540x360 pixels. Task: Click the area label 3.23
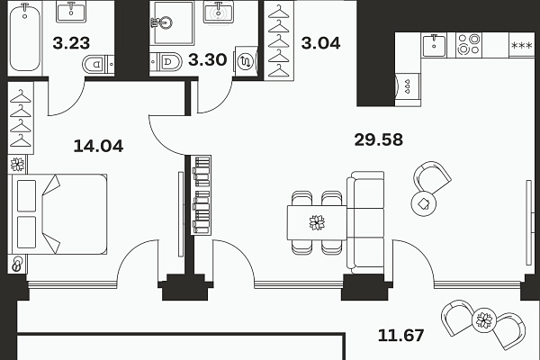coord(71,43)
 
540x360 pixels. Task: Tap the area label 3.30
coord(207,59)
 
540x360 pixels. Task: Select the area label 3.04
coord(320,43)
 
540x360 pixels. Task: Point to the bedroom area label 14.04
coord(98,146)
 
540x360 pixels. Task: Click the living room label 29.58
coord(379,139)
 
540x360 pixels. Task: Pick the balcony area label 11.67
coord(400,335)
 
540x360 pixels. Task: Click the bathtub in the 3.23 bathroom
coord(24,37)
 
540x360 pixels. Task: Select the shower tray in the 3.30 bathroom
coord(174,23)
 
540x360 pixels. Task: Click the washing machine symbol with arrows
coord(246,61)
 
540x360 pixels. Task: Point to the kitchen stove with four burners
coord(469,44)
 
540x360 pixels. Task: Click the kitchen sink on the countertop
coord(434,45)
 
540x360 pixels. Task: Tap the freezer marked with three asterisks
coord(522,45)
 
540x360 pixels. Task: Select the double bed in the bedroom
coord(58,214)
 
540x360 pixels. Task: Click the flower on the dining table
coord(317,222)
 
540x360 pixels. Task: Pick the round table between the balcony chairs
coord(484,319)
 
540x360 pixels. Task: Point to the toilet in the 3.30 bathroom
coord(166,62)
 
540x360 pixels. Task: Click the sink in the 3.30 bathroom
coord(219,13)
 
